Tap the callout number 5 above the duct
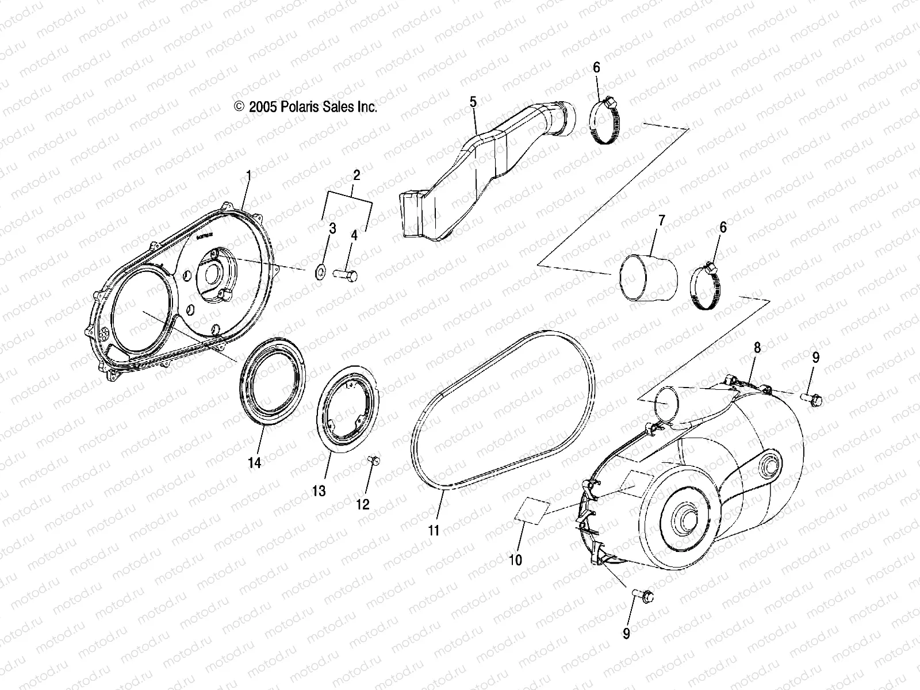473,102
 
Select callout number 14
254,462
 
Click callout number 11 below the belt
434,530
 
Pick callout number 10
516,559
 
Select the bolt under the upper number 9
812,397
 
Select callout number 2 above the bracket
356,175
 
